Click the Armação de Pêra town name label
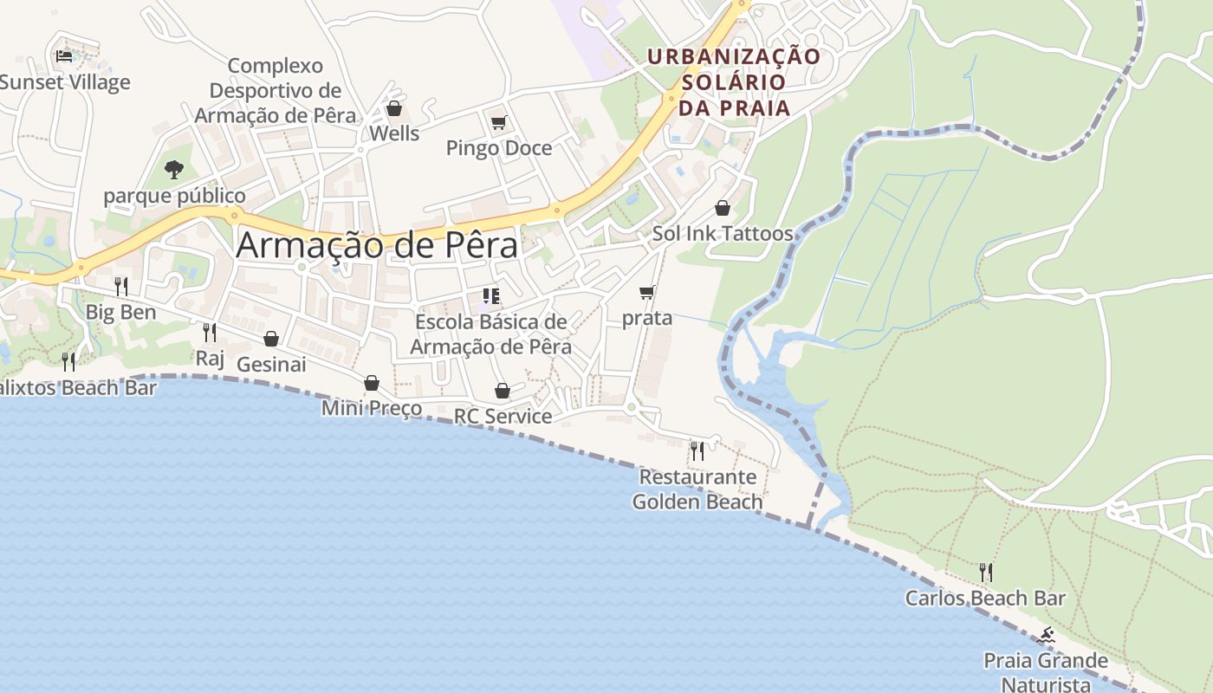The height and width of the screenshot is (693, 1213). point(377,245)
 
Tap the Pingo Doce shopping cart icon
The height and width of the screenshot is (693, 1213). point(498,123)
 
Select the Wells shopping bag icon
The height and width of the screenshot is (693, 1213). point(394,108)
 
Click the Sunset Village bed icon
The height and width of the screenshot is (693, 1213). point(64,56)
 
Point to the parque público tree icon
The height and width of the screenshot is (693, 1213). point(174,169)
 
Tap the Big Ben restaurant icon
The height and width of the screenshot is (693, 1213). point(121,286)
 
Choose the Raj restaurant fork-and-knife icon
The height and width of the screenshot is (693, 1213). point(210,332)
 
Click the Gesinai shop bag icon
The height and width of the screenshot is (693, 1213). point(271,339)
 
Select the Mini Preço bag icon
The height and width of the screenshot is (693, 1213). point(372,383)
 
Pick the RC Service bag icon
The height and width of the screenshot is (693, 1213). point(503,391)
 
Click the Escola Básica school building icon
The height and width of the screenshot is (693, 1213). point(491,296)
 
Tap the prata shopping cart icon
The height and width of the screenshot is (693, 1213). point(647,293)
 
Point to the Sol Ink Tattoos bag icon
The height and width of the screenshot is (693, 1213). point(723,208)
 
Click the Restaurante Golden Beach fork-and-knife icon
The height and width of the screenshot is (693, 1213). point(697,450)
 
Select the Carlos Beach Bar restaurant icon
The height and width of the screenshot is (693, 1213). point(985,572)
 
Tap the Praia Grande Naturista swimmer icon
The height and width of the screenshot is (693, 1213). point(1047,636)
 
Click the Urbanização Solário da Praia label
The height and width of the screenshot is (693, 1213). point(734,82)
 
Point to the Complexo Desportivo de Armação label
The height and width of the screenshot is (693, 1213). point(275,90)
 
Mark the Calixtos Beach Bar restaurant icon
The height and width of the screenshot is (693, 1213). point(68,361)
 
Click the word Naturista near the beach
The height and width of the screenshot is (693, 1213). point(1046,684)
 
